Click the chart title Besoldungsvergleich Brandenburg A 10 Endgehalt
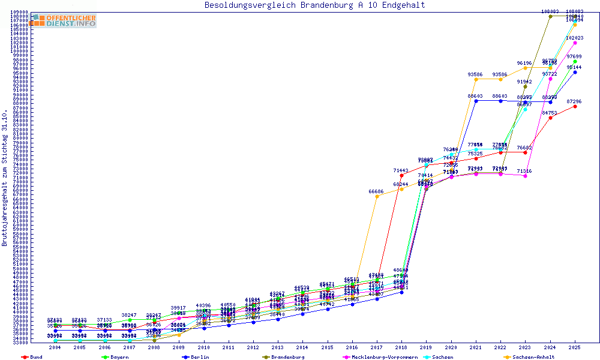tap(314, 5)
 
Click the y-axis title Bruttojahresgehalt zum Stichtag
tap(5, 178)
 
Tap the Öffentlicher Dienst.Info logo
tap(64, 20)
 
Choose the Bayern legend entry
tap(118, 357)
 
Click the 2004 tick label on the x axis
tap(55, 347)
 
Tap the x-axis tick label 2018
tap(401, 347)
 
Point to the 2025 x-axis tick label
tap(575, 347)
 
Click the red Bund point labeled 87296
tap(575, 106)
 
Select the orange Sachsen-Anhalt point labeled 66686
tap(377, 196)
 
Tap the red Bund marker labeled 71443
tap(401, 175)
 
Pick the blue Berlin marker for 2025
tap(575, 72)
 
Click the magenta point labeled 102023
tap(575, 43)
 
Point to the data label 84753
tap(550, 112)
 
